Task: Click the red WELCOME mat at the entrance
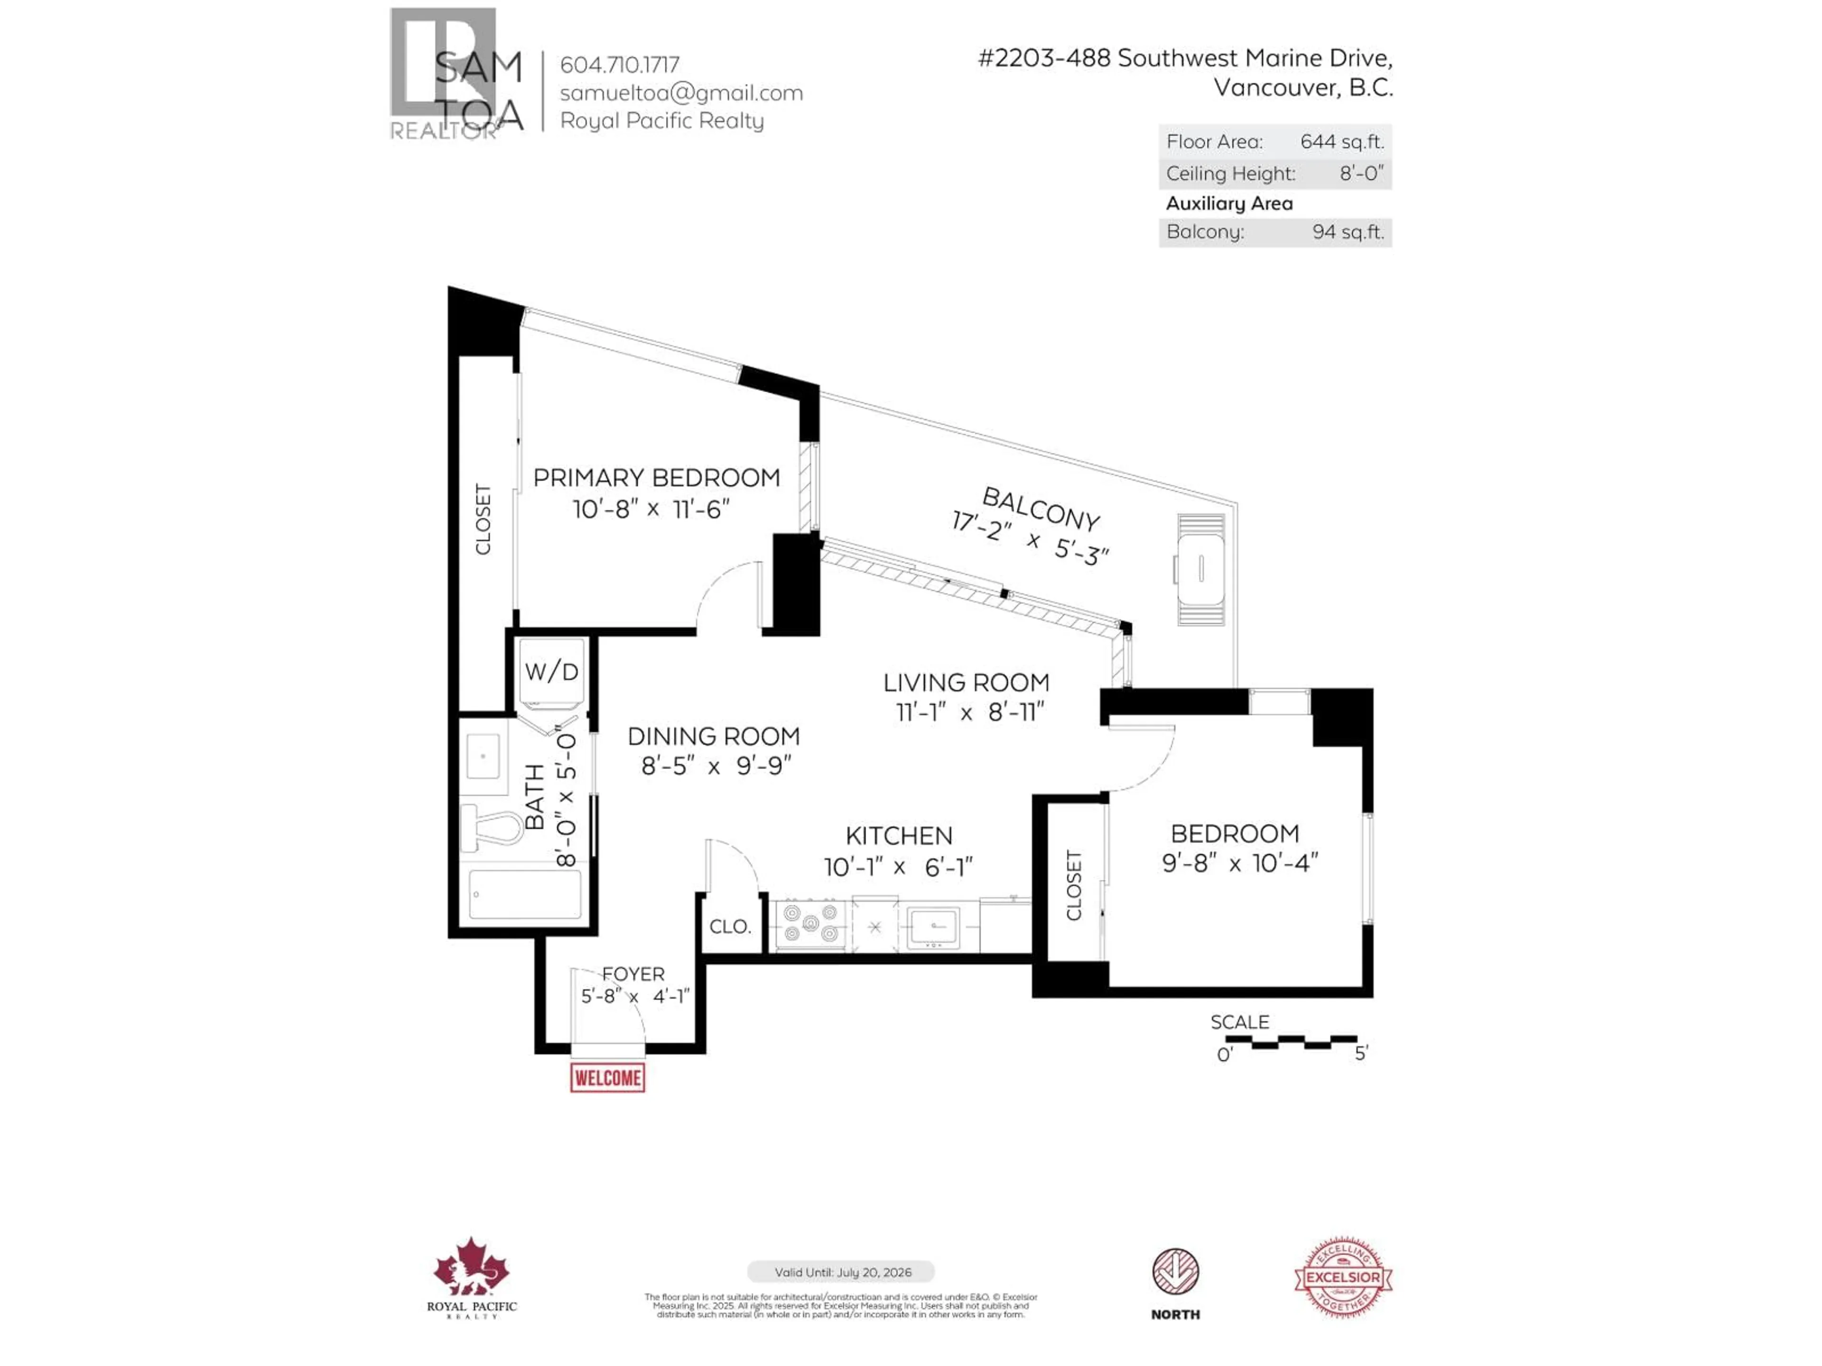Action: [607, 1077]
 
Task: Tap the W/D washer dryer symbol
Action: [551, 672]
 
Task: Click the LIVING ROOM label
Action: [966, 683]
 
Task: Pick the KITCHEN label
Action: [899, 836]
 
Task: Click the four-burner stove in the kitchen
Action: [810, 923]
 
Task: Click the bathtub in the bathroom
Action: [525, 894]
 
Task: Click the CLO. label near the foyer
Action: [730, 926]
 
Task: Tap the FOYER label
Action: [632, 974]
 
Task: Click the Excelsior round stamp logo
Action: [1343, 1277]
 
